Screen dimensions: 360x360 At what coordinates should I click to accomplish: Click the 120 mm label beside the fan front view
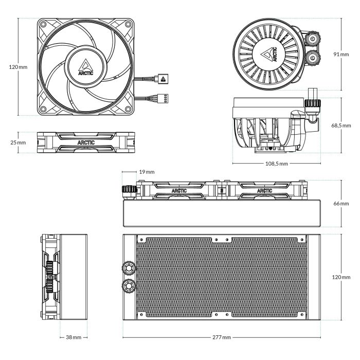[18, 67]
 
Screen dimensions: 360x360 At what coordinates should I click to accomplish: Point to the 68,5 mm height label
[341, 125]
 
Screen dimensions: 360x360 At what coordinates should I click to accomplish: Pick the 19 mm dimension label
[147, 172]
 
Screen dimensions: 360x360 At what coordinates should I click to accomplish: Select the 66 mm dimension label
[341, 204]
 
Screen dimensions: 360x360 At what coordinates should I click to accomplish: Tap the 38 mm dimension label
[74, 337]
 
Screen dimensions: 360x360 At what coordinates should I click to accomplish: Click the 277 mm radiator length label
[221, 337]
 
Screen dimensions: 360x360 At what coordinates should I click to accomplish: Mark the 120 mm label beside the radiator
[341, 278]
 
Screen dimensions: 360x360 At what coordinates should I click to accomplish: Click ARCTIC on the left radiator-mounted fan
[180, 190]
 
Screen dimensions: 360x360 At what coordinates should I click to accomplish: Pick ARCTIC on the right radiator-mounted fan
[264, 190]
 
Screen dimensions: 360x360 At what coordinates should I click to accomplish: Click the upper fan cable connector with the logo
[163, 79]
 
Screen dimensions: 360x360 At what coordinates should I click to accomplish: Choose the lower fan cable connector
[164, 96]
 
